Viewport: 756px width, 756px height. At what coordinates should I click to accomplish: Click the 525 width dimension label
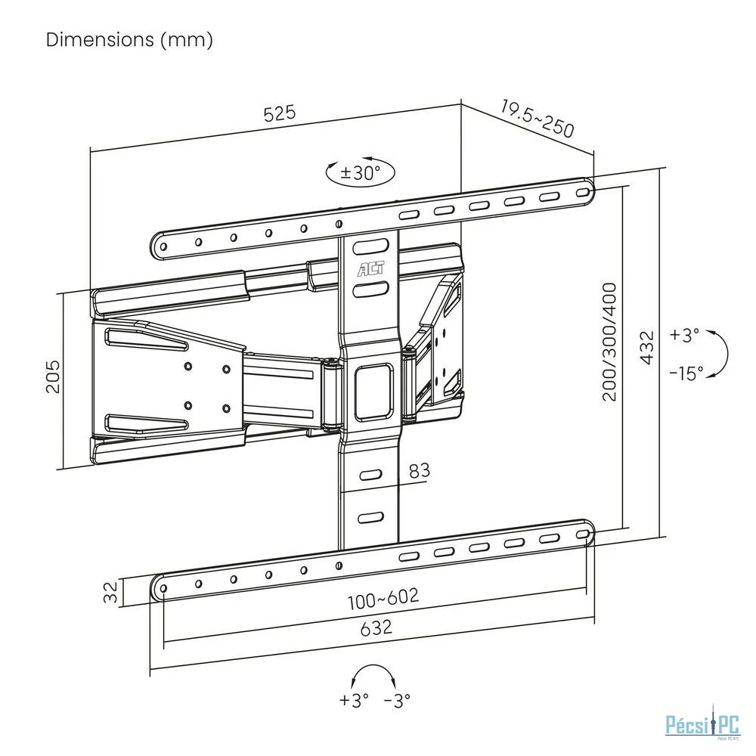click(x=279, y=114)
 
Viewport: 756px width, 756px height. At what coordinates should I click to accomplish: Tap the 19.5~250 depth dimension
click(x=537, y=117)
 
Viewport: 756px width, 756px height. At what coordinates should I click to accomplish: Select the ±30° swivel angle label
click(x=360, y=172)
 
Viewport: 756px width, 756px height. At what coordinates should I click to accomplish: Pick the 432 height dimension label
click(x=647, y=347)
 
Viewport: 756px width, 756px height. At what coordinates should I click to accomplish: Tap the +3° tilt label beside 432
click(x=685, y=335)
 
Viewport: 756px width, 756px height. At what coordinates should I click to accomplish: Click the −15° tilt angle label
click(x=686, y=373)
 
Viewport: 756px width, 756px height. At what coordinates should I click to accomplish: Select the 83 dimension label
click(x=419, y=470)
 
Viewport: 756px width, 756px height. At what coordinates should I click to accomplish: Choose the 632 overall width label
click(x=376, y=627)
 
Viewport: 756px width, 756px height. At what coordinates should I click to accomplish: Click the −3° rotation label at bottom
click(x=397, y=701)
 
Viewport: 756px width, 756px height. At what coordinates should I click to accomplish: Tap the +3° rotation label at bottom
click(x=354, y=701)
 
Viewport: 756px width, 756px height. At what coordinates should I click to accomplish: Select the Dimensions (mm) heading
click(x=129, y=39)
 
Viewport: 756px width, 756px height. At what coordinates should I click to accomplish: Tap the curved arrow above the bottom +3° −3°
click(x=376, y=674)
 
